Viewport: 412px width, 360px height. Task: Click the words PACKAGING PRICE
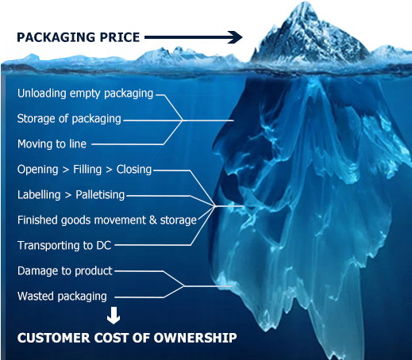click(x=78, y=37)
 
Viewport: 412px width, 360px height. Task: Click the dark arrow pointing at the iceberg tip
click(x=194, y=37)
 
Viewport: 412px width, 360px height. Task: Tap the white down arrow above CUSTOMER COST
click(x=114, y=316)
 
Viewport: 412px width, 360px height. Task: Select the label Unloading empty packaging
click(x=85, y=94)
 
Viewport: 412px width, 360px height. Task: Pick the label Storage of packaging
click(x=69, y=119)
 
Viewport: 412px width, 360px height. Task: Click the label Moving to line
click(x=52, y=144)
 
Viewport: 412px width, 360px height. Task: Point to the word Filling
click(x=87, y=170)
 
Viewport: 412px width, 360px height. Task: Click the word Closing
click(x=134, y=170)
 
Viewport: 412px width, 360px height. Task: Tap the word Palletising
click(x=100, y=195)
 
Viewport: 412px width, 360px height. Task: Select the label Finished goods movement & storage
click(x=107, y=220)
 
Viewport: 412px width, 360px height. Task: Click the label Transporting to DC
click(x=64, y=246)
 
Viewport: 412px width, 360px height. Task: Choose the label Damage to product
click(x=65, y=271)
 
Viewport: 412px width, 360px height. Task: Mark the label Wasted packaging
click(x=62, y=297)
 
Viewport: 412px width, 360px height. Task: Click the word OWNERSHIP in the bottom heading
click(x=195, y=338)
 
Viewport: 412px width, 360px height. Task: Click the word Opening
click(x=38, y=170)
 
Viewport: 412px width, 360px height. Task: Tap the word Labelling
click(x=39, y=195)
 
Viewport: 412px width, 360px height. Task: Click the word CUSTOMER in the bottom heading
click(x=54, y=338)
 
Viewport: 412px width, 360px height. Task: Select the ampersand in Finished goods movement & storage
click(x=153, y=220)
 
